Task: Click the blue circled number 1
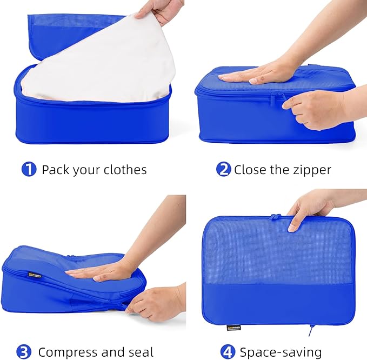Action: click(29, 170)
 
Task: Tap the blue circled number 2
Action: click(223, 170)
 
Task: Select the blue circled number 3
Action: click(23, 352)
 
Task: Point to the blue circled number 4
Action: click(229, 352)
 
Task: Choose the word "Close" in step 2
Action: click(250, 170)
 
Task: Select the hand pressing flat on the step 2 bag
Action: click(259, 75)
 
